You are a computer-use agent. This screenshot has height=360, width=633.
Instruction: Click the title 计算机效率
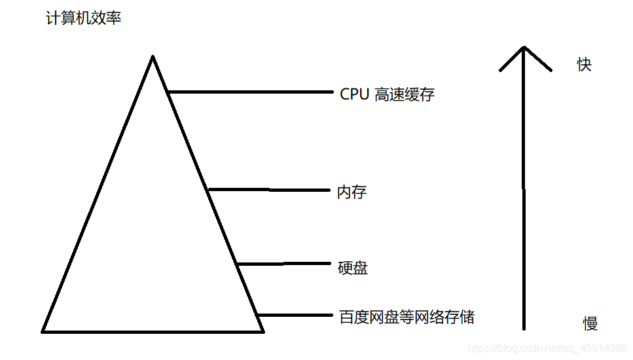click(83, 18)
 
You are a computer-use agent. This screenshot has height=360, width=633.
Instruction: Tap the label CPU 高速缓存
click(387, 95)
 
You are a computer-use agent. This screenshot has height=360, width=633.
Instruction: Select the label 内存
click(352, 192)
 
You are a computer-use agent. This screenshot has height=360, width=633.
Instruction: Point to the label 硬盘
click(352, 268)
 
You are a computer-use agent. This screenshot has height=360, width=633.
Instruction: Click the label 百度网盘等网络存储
click(407, 318)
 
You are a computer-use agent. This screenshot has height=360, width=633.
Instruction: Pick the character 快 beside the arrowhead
click(584, 64)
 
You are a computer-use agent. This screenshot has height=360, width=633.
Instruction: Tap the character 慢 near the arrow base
click(590, 323)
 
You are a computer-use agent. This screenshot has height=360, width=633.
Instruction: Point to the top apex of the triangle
click(153, 58)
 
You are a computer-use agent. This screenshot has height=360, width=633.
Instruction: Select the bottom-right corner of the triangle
click(262, 331)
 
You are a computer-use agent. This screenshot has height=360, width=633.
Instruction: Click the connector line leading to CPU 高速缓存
click(249, 92)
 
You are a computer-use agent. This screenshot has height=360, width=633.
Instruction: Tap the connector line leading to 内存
click(268, 190)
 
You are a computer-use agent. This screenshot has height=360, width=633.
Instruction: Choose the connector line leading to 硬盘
click(285, 264)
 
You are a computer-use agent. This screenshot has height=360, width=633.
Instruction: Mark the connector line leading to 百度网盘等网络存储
click(295, 315)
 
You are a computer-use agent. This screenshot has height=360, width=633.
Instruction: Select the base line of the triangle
click(153, 331)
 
